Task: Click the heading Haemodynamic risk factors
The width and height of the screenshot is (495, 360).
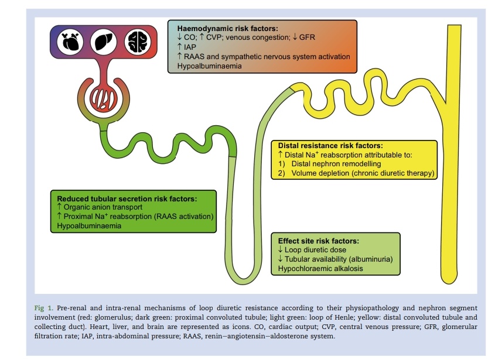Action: [224, 28]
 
